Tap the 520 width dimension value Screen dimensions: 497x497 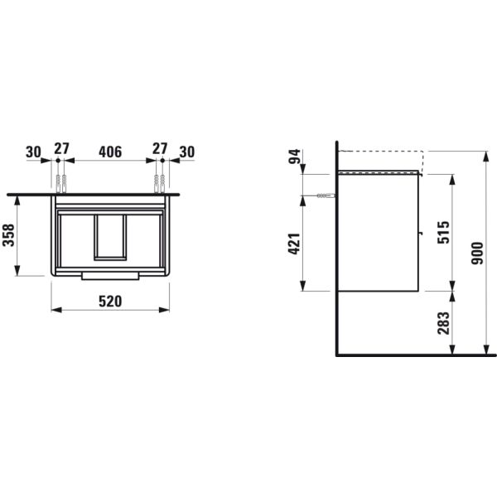[110, 301]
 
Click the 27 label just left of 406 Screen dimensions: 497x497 [60, 152]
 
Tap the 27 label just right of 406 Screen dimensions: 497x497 [160, 152]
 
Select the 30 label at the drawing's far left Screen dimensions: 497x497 [33, 152]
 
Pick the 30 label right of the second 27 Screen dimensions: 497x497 [186, 152]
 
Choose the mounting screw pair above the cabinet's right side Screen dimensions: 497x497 [161, 180]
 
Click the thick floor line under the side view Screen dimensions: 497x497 [414, 354]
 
